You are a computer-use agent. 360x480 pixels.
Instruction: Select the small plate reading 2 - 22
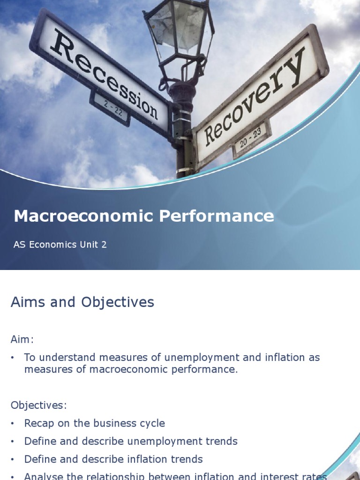pos(109,107)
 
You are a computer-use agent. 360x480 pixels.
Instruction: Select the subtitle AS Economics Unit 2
pos(60,245)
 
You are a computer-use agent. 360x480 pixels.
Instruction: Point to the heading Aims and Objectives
pos(82,302)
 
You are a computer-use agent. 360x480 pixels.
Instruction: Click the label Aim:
pos(22,339)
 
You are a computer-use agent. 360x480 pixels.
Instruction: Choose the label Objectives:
pos(38,405)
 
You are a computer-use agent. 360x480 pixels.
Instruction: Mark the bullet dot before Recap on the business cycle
pos(13,423)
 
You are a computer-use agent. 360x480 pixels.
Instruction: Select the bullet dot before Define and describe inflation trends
pos(13,459)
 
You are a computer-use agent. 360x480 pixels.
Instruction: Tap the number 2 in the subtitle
pos(104,245)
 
